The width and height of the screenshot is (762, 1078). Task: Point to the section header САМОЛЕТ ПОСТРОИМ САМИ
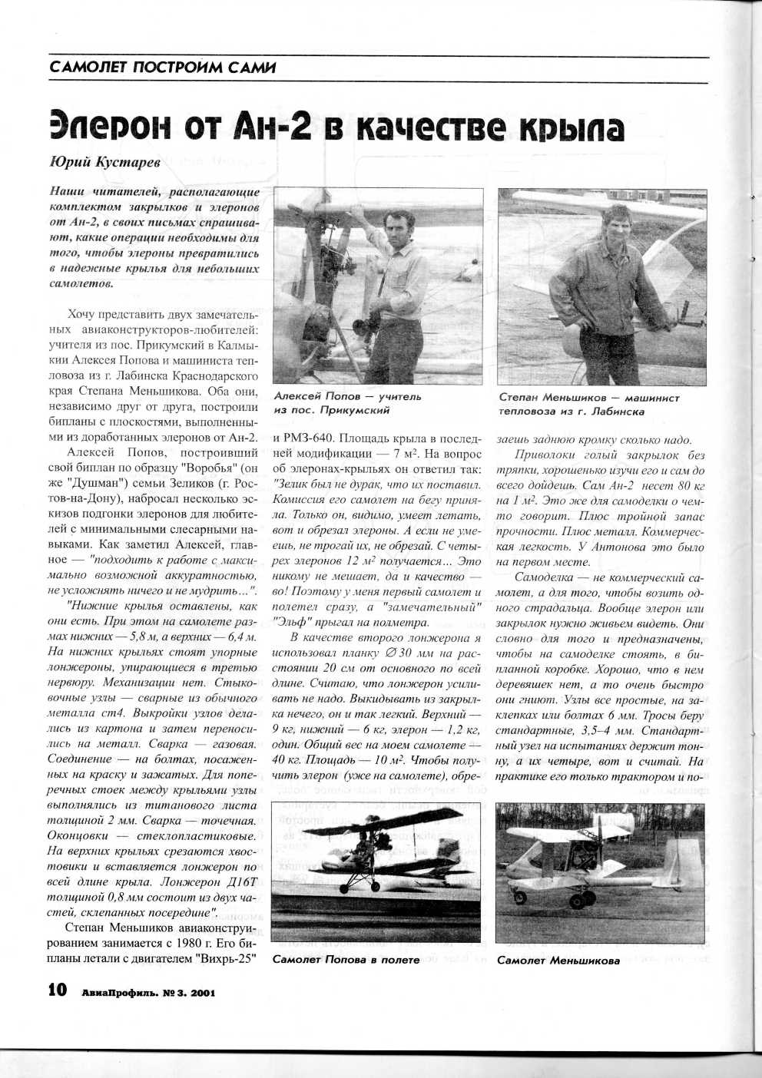click(x=162, y=68)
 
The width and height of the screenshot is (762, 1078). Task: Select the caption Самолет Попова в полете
click(x=346, y=960)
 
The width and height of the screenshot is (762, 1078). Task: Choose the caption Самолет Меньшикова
click(x=558, y=960)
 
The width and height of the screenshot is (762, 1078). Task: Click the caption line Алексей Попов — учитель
click(x=347, y=397)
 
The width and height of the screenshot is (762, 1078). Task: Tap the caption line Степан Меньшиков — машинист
click(x=588, y=398)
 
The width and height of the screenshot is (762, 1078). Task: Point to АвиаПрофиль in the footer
click(x=116, y=992)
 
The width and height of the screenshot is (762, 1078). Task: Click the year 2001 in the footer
click(x=200, y=992)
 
